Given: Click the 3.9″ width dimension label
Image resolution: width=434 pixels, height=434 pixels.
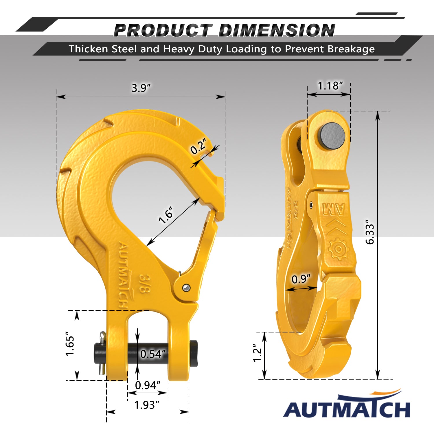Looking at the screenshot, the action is tap(141, 88).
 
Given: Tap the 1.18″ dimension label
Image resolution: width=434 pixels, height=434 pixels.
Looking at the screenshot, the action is tap(330, 86).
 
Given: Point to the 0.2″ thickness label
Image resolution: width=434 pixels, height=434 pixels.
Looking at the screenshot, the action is tap(199, 146).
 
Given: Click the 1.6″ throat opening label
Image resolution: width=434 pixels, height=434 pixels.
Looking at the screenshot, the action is tap(166, 215).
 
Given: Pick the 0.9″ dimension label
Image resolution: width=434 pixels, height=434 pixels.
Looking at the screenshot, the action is tap(301, 279).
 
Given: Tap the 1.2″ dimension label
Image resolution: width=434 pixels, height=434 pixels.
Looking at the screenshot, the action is tap(257, 353).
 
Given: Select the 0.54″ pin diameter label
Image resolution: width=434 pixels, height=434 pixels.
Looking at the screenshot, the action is tap(153, 354).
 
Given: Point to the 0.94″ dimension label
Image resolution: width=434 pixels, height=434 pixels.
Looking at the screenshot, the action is tap(148, 385).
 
